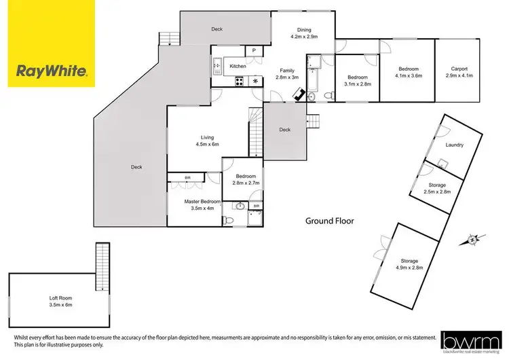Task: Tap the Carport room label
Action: coord(459,69)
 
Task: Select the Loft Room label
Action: coord(60,298)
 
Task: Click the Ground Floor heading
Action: coord(329,221)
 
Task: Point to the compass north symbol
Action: coord(473,239)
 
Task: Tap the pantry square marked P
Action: coord(254,50)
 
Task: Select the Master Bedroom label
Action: coord(202,202)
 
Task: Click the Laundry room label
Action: coord(454,145)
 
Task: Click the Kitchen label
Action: coord(238,66)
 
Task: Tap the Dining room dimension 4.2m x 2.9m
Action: coord(303,37)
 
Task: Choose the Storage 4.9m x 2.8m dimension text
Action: coord(409,268)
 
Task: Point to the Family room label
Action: coord(288,70)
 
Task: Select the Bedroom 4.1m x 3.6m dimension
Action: coord(408,76)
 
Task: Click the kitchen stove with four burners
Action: coord(240,82)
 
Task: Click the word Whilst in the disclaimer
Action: coord(22,338)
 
